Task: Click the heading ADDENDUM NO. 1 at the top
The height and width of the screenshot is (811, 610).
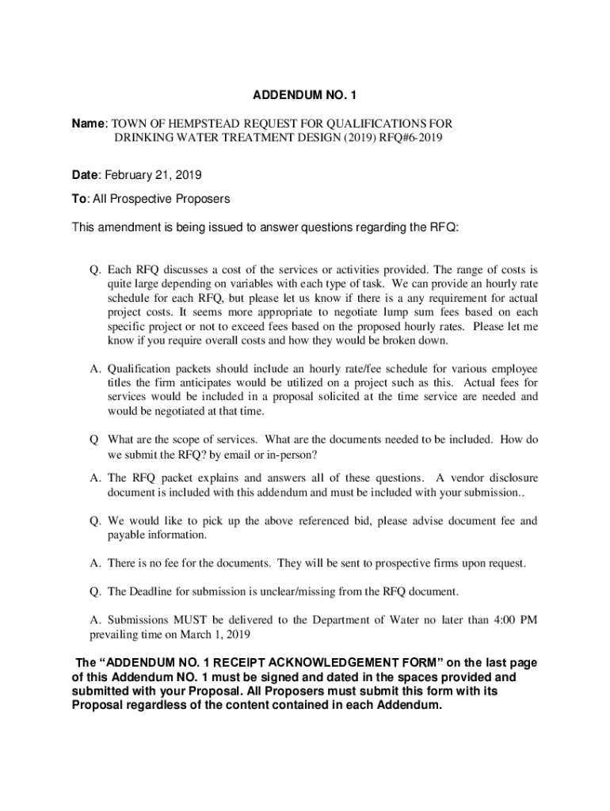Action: [x=305, y=96]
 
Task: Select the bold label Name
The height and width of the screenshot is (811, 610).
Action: [x=88, y=124]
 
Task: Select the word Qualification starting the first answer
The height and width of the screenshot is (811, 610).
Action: [x=143, y=369]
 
